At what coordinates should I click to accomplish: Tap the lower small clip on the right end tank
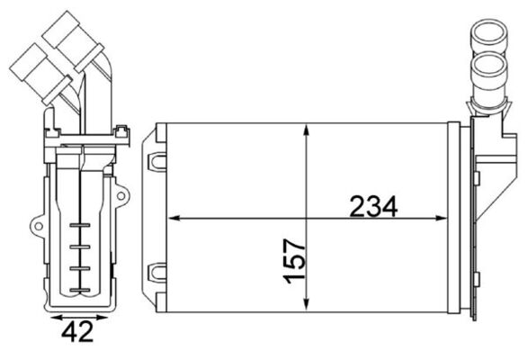click(474, 310)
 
